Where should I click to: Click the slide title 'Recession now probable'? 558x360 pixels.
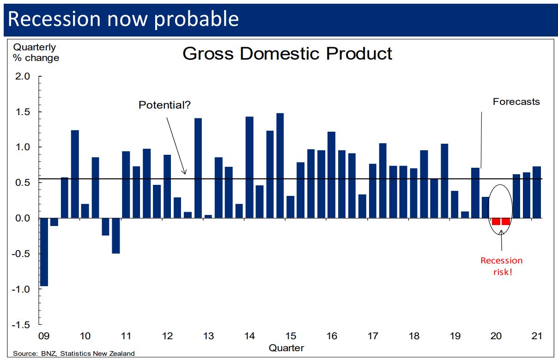pyautogui.click(x=123, y=19)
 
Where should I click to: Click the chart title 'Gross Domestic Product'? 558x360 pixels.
pyautogui.click(x=287, y=54)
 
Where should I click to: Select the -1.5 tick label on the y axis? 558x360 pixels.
pyautogui.click(x=22, y=324)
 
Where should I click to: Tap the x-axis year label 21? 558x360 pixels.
pyautogui.click(x=536, y=336)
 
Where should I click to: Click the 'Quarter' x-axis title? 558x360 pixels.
pyautogui.click(x=286, y=347)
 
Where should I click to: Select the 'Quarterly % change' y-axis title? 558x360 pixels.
pyautogui.click(x=36, y=52)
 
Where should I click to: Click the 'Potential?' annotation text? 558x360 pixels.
pyautogui.click(x=164, y=105)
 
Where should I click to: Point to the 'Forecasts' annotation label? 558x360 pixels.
pyautogui.click(x=516, y=102)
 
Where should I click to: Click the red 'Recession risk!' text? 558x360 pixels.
pyautogui.click(x=501, y=266)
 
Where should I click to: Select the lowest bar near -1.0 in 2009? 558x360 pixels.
pyautogui.click(x=44, y=252)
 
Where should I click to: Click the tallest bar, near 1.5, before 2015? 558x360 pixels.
pyautogui.click(x=279, y=165)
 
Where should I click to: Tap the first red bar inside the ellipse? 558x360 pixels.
pyautogui.click(x=496, y=221)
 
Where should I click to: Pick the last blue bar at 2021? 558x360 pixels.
pyautogui.click(x=537, y=192)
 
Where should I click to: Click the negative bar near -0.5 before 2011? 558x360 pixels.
pyautogui.click(x=115, y=236)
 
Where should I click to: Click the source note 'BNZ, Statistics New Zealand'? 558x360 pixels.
pyautogui.click(x=74, y=354)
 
